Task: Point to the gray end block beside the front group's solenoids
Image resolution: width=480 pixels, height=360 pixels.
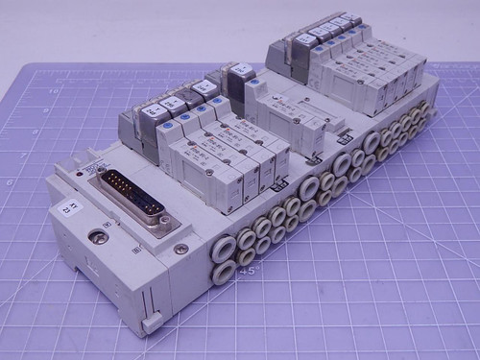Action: [130, 125]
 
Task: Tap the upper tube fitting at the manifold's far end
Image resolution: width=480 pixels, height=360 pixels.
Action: [419, 112]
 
